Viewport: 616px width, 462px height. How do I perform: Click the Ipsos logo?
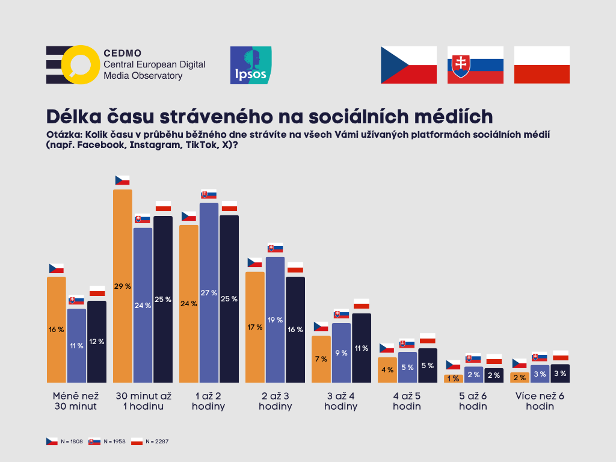251,65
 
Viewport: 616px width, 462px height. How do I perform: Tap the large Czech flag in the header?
408,65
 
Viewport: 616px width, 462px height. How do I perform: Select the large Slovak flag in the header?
475,65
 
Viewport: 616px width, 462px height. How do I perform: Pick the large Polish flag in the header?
542,65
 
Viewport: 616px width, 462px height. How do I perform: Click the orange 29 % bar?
122,286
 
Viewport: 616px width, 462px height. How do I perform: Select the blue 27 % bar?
209,292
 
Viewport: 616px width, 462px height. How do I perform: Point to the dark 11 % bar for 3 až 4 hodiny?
362,348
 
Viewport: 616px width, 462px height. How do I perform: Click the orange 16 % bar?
57,329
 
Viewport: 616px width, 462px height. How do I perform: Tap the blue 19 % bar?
275,319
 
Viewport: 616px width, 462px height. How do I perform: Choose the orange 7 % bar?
321,359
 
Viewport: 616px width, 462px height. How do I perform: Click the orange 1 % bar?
453,378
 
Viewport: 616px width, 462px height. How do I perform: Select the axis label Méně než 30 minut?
75,401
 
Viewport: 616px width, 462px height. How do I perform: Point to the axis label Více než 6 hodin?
540,401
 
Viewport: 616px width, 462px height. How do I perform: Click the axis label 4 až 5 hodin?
407,401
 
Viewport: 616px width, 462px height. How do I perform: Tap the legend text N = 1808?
71,442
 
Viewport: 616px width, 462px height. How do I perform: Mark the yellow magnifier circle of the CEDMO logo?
79,64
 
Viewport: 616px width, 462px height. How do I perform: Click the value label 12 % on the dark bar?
97,342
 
